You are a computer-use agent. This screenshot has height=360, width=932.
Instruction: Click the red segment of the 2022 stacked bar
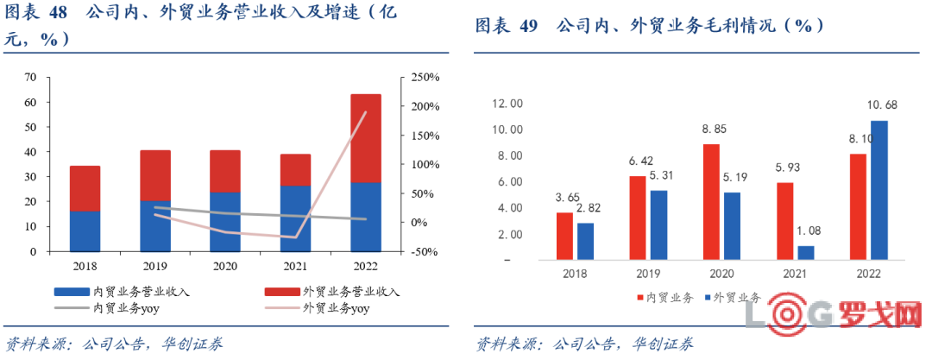pyautogui.click(x=365, y=138)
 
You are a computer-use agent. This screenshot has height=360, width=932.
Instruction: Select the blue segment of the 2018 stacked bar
pyautogui.click(x=85, y=231)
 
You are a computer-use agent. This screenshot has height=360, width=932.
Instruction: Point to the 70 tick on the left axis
pyautogui.click(x=31, y=78)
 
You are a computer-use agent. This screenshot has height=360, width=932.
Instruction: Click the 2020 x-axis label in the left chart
pyautogui.click(x=224, y=266)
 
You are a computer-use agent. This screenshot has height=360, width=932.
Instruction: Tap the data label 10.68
pyautogui.click(x=880, y=105)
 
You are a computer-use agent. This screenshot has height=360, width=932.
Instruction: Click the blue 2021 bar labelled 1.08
pyautogui.click(x=806, y=252)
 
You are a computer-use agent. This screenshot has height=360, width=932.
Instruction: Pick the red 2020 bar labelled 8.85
pyautogui.click(x=711, y=201)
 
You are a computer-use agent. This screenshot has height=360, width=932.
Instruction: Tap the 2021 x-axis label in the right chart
pyautogui.click(x=794, y=274)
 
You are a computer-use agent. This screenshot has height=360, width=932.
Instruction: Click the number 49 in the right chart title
pyautogui.click(x=529, y=26)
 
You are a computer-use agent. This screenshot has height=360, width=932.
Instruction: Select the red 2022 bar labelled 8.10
pyautogui.click(x=858, y=206)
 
